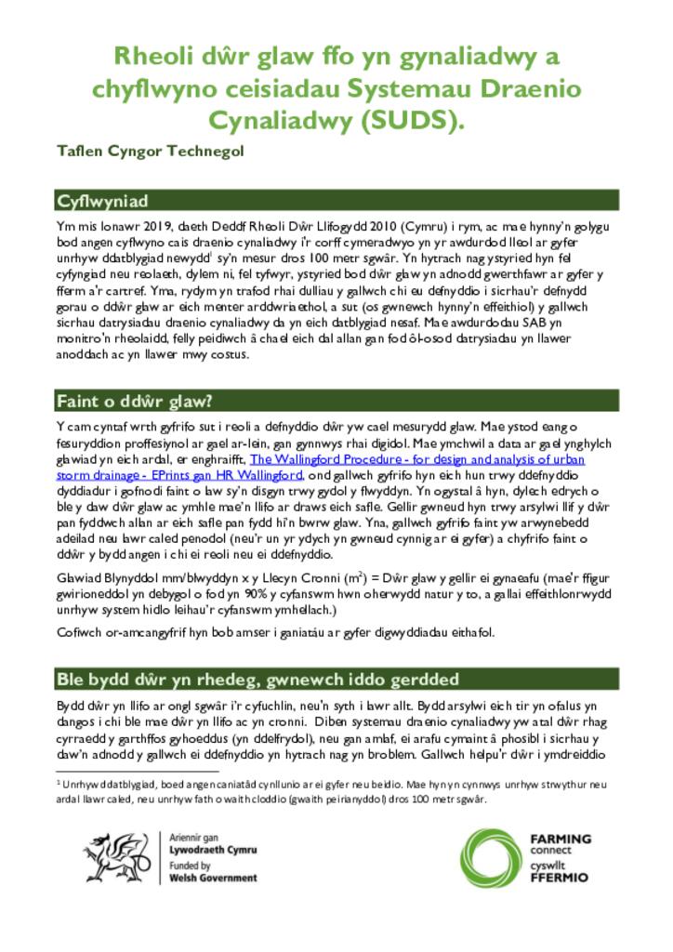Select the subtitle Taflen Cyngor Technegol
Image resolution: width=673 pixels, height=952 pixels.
point(150,152)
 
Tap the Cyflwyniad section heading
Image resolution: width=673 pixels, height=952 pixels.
point(102,201)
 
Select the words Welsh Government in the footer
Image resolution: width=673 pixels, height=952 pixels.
point(214,878)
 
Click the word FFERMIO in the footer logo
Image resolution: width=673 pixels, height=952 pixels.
point(559,877)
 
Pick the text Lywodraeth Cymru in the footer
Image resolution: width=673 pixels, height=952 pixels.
point(214,850)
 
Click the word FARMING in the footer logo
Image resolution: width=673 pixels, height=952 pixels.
point(560,839)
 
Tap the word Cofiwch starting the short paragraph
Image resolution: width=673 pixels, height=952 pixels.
point(76,632)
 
